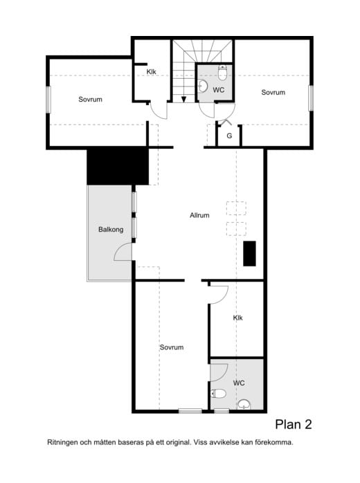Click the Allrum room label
(x=199, y=215)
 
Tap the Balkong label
(x=111, y=230)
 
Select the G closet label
(x=229, y=136)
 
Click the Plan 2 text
(x=294, y=424)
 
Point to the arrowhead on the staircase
(x=183, y=99)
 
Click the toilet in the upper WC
(x=222, y=73)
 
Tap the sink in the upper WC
(x=202, y=86)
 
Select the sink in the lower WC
(x=244, y=405)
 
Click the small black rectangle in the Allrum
(x=250, y=253)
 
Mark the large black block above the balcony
(x=118, y=166)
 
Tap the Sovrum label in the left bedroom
(x=90, y=99)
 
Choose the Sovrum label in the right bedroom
(x=273, y=92)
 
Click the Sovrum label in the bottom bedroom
(x=172, y=347)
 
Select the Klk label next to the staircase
(x=152, y=72)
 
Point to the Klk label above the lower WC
(x=237, y=318)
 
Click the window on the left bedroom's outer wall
(x=48, y=100)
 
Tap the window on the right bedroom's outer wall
(x=311, y=98)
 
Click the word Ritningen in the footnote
(x=62, y=443)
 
